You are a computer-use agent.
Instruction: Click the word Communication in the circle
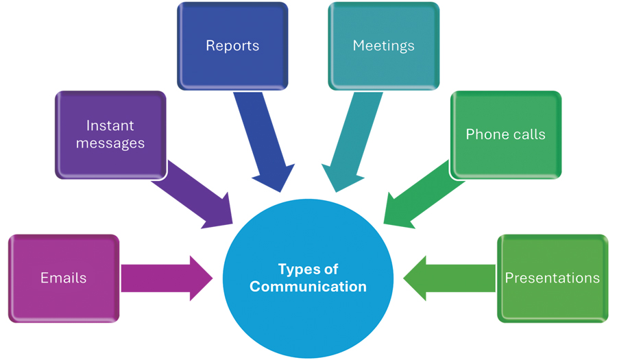(308, 287)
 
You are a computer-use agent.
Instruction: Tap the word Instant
(110, 125)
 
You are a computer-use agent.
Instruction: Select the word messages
(110, 143)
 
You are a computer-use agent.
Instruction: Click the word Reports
(232, 46)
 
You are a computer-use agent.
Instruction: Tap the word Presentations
(552, 278)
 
